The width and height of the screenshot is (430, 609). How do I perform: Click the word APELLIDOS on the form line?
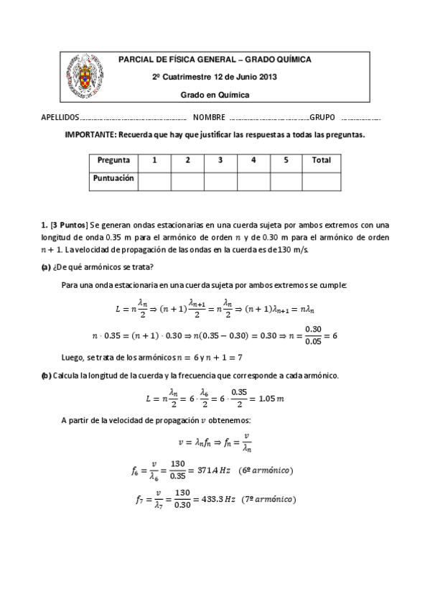pos(60,117)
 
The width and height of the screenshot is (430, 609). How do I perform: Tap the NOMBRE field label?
pos(208,117)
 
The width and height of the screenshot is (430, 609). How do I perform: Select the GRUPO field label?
pos(322,117)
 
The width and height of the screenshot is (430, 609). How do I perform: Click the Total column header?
pos(321,160)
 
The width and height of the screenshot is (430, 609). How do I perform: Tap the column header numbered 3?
pos(220,160)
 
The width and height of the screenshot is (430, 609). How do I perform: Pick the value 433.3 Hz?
pos(215,500)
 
